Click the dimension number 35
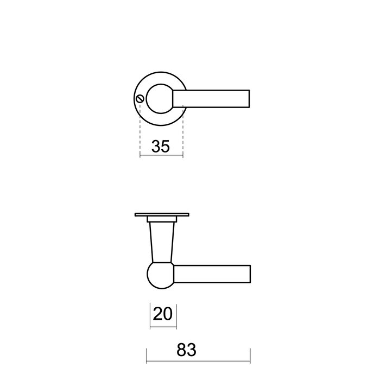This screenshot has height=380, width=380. click(161, 147)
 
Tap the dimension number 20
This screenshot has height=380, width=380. click(163, 313)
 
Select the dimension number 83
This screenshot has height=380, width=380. click(186, 350)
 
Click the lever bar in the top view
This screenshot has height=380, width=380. click(212, 98)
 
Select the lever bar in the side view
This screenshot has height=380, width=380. click(212, 274)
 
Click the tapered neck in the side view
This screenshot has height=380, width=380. click(161, 242)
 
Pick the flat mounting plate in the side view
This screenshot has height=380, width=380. click(161, 214)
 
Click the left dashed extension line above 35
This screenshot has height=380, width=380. click(140, 130)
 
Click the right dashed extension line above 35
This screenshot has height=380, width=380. click(183, 130)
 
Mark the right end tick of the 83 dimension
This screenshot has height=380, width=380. click(250, 356)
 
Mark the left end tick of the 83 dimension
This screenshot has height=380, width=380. click(147, 356)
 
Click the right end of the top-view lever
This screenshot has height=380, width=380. click(248, 98)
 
